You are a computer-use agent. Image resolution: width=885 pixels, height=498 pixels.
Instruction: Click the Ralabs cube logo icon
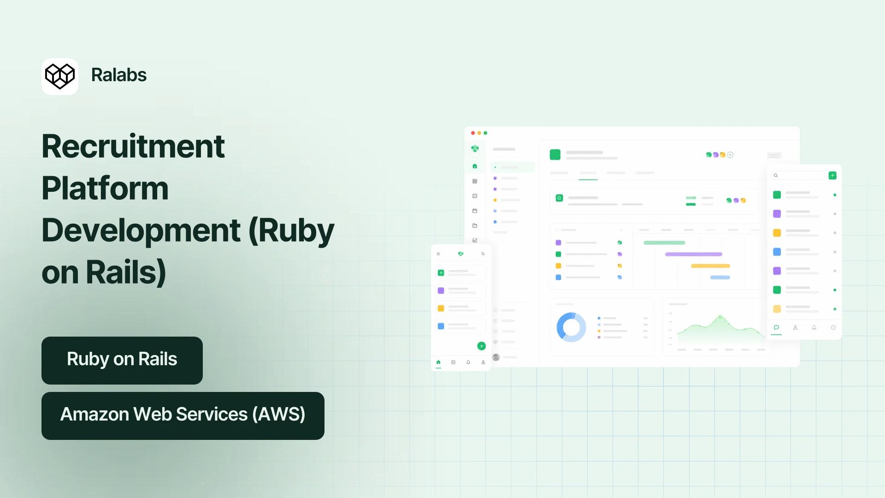pos(60,77)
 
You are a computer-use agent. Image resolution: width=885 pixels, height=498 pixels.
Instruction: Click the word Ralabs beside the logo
pos(119,75)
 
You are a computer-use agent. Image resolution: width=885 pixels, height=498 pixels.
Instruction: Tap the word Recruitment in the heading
pos(133,146)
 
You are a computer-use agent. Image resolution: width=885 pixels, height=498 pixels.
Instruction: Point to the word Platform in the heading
pos(105,189)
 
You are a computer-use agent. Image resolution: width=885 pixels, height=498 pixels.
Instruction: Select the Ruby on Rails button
pos(122,361)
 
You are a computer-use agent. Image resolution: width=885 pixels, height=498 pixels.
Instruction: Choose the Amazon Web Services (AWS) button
pos(183,416)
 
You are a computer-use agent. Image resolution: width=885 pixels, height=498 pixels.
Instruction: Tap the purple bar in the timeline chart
pos(694,254)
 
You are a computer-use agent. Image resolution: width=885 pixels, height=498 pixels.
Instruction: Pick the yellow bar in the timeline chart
pos(710,266)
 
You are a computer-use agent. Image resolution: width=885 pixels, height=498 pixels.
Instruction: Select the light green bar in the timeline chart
pos(664,243)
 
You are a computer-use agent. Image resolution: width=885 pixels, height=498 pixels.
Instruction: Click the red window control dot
pos(473,133)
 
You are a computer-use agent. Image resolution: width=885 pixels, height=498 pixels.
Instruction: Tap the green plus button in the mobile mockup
pos(482,346)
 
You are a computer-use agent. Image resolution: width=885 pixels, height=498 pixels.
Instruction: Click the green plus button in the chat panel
pos(832,175)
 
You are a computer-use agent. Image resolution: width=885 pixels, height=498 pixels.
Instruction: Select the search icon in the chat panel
pos(776,175)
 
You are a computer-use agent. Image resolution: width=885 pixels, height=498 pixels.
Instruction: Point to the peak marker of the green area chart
pos(720,317)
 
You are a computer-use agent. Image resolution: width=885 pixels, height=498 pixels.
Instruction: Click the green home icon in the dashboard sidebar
pos(475,166)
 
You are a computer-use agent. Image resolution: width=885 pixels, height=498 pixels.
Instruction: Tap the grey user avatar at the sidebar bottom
pos(496,357)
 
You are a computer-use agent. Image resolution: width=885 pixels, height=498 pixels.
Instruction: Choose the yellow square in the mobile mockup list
pos(441,308)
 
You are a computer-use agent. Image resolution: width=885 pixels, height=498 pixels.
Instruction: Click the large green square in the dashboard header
pos(555,154)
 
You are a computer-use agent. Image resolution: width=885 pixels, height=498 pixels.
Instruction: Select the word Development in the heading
pos(141,231)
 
